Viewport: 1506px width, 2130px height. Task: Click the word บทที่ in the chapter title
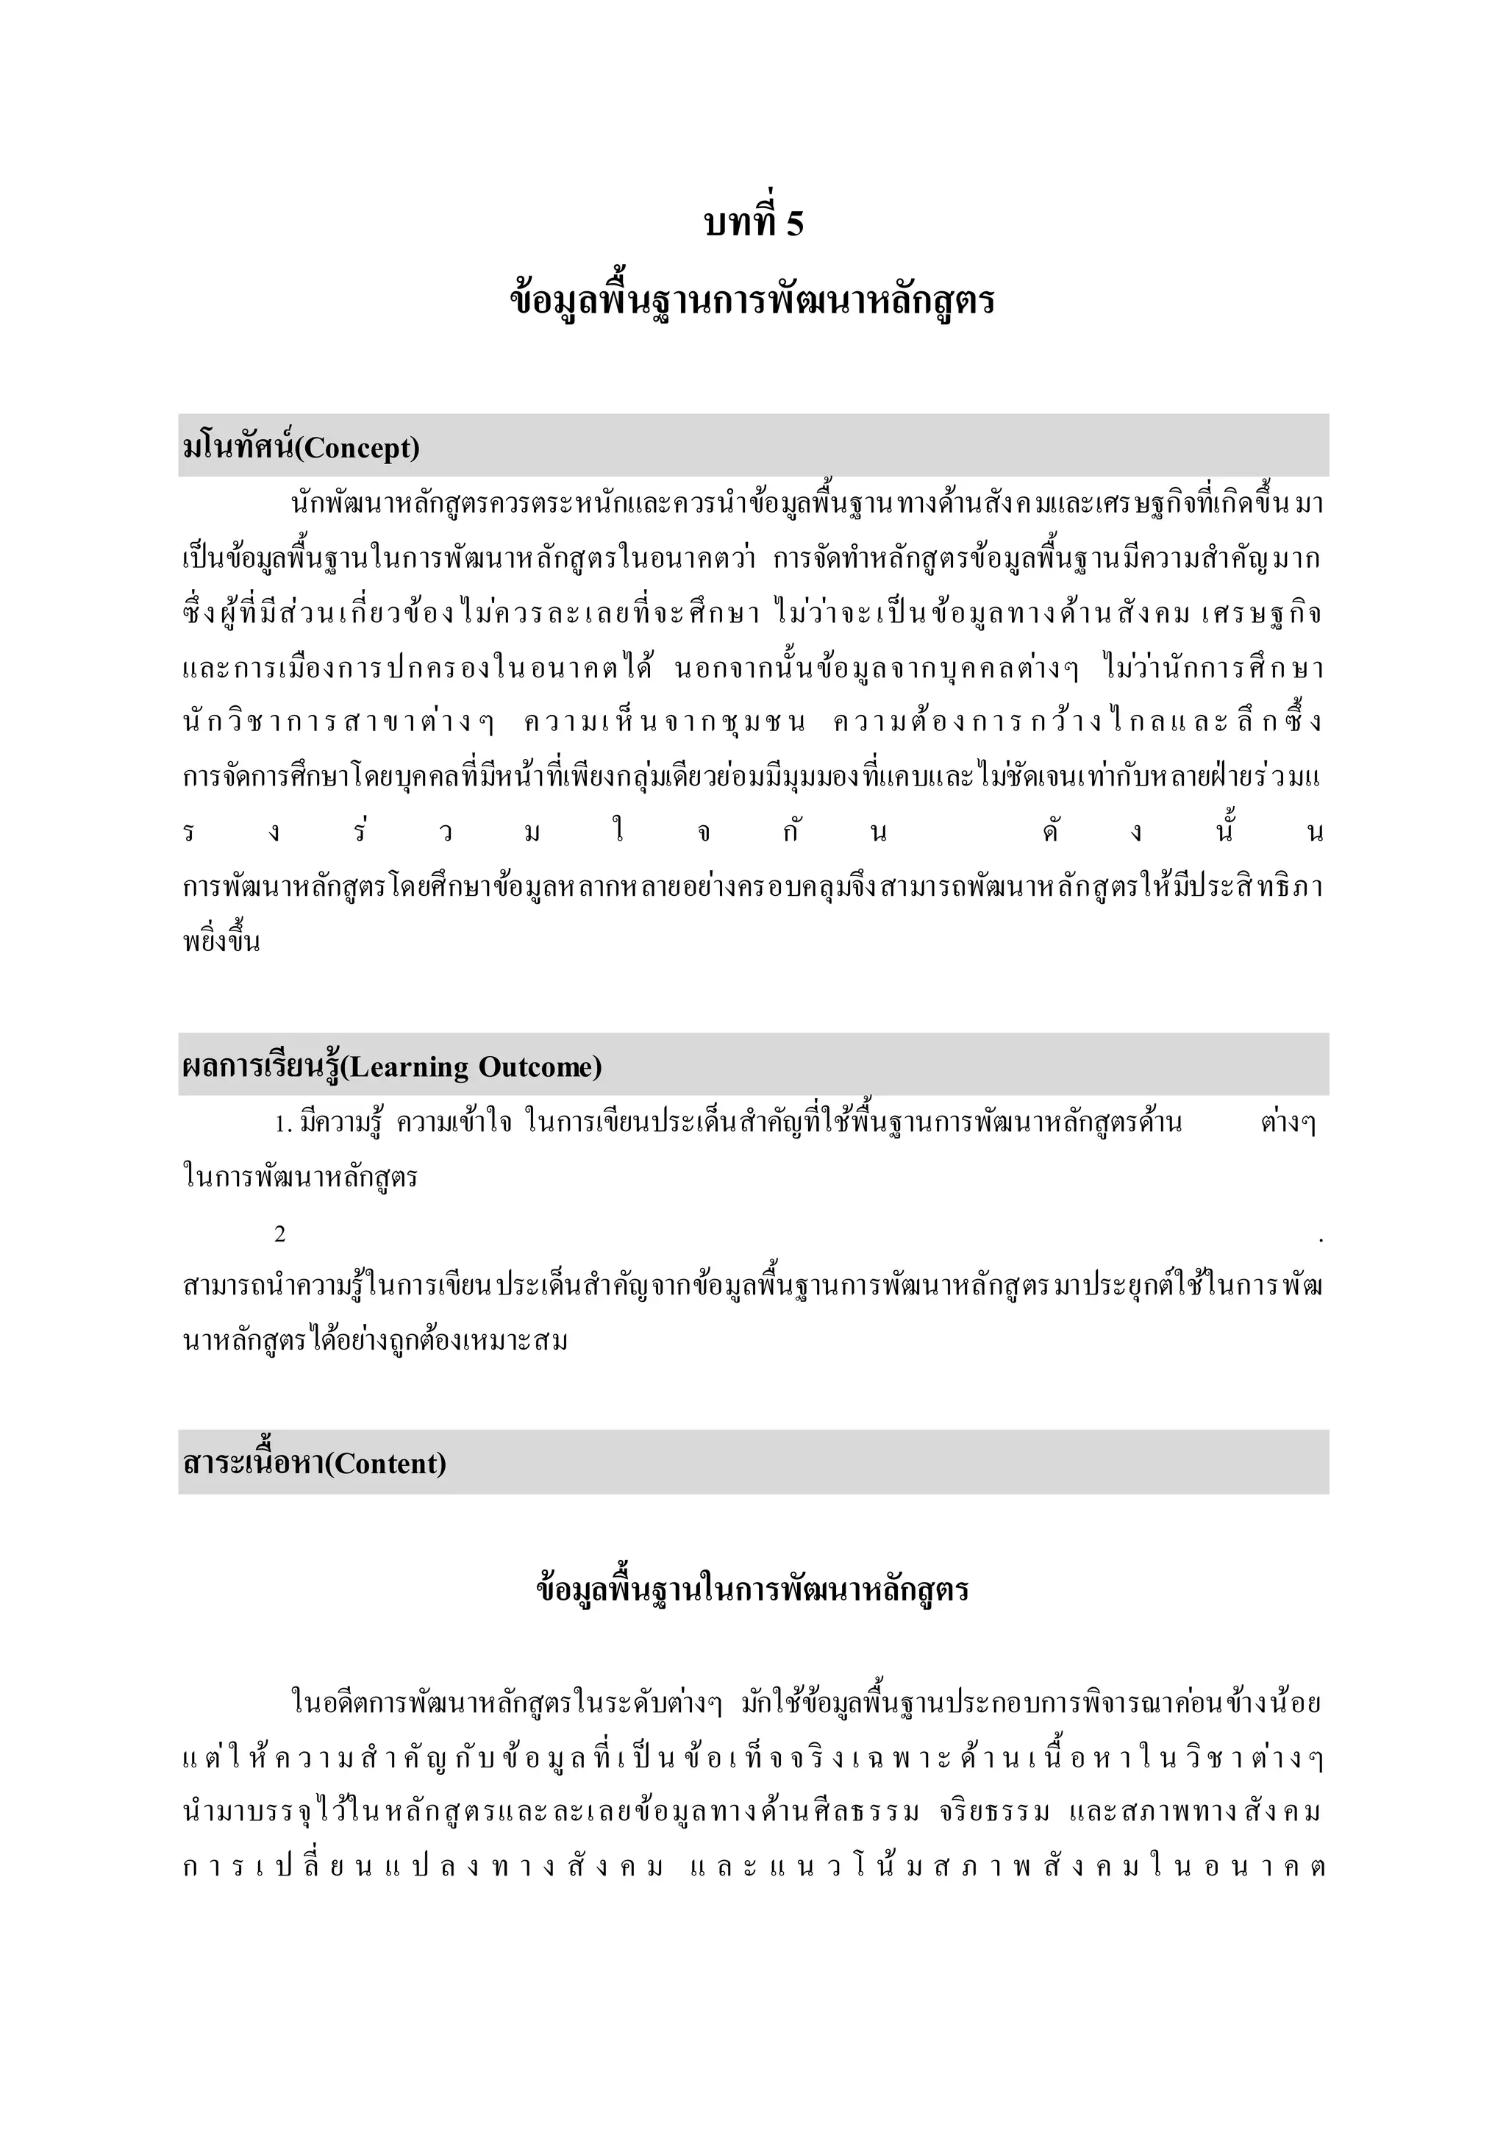coord(738,223)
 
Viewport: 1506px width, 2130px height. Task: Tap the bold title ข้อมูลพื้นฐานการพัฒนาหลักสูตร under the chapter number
coord(752,301)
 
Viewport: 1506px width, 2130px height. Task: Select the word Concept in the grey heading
coord(357,448)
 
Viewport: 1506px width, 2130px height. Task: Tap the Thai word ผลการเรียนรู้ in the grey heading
coord(263,1067)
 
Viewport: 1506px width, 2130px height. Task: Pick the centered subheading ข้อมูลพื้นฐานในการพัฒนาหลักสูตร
coord(752,1590)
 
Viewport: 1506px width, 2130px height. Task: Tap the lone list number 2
coord(280,1234)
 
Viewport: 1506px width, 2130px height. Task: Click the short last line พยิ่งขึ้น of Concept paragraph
coord(221,943)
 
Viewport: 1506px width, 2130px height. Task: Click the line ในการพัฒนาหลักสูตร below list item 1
coord(301,1178)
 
